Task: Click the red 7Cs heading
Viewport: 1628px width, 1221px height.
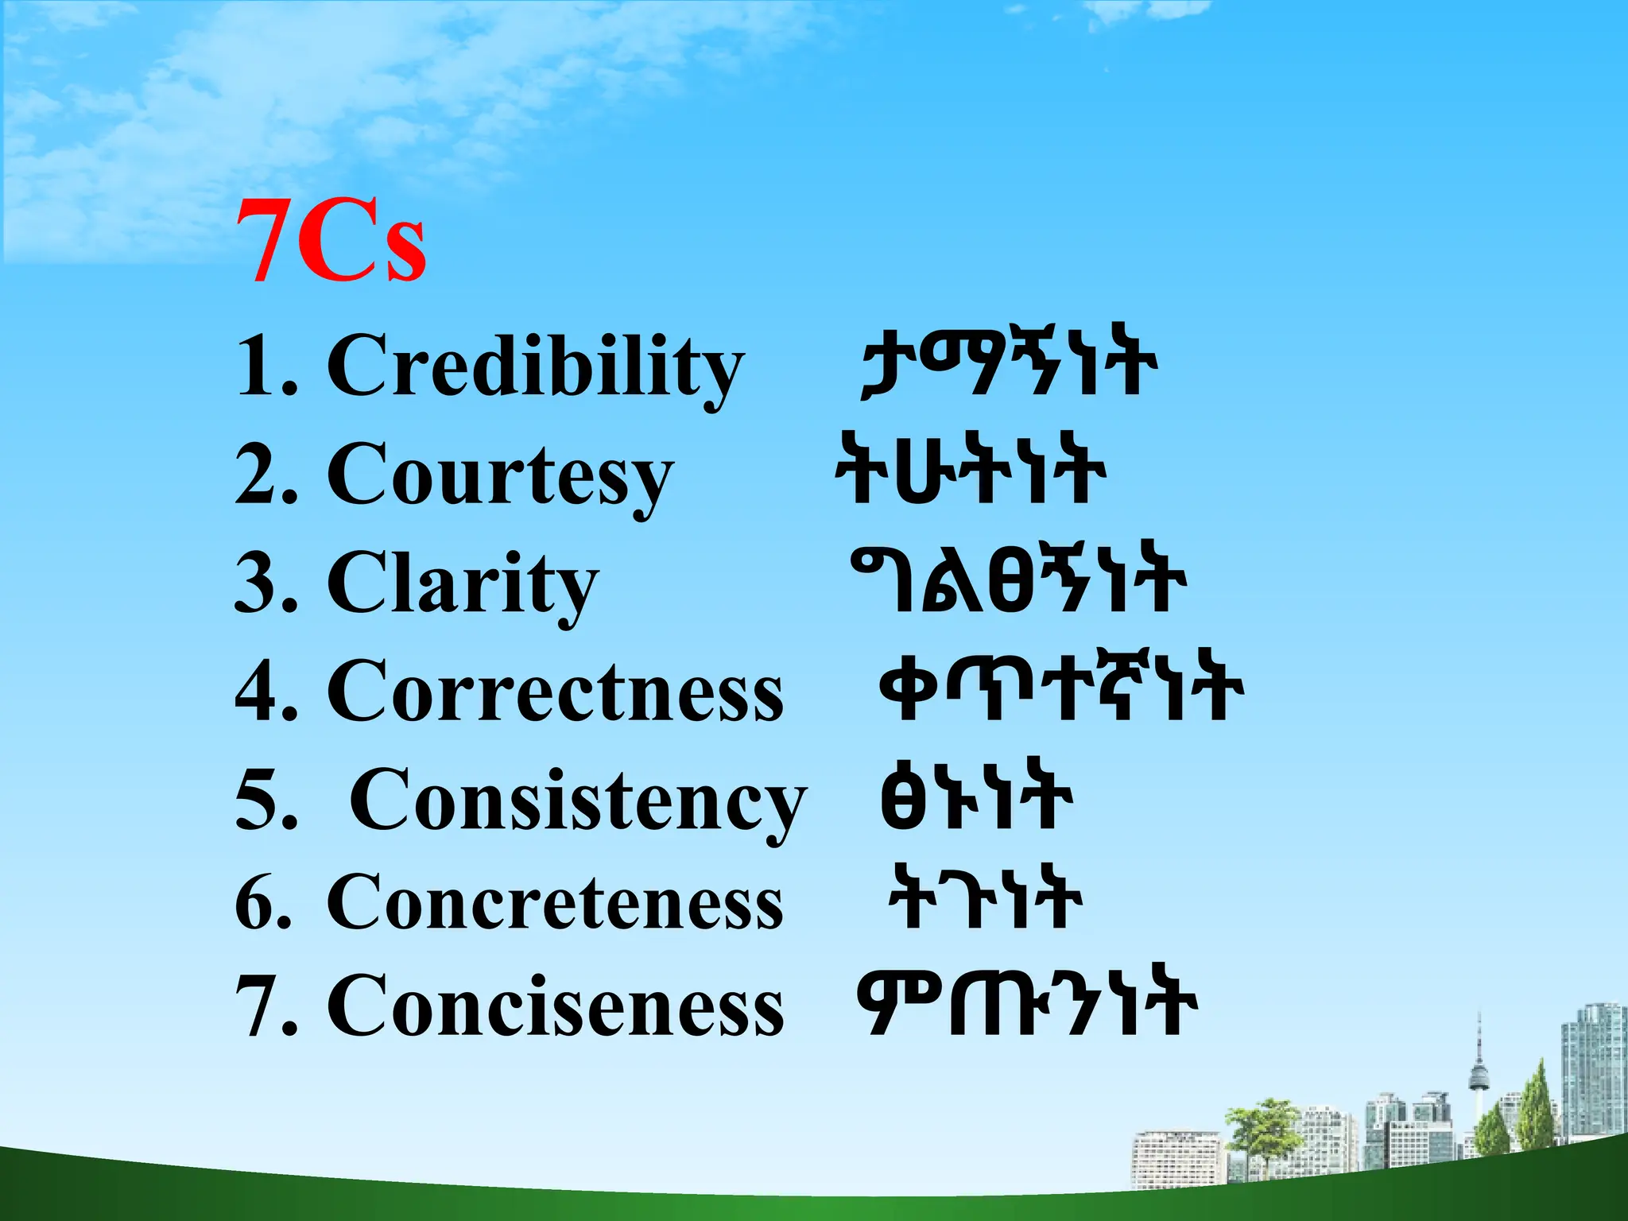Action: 331,240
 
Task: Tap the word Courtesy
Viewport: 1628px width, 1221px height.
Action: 500,475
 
